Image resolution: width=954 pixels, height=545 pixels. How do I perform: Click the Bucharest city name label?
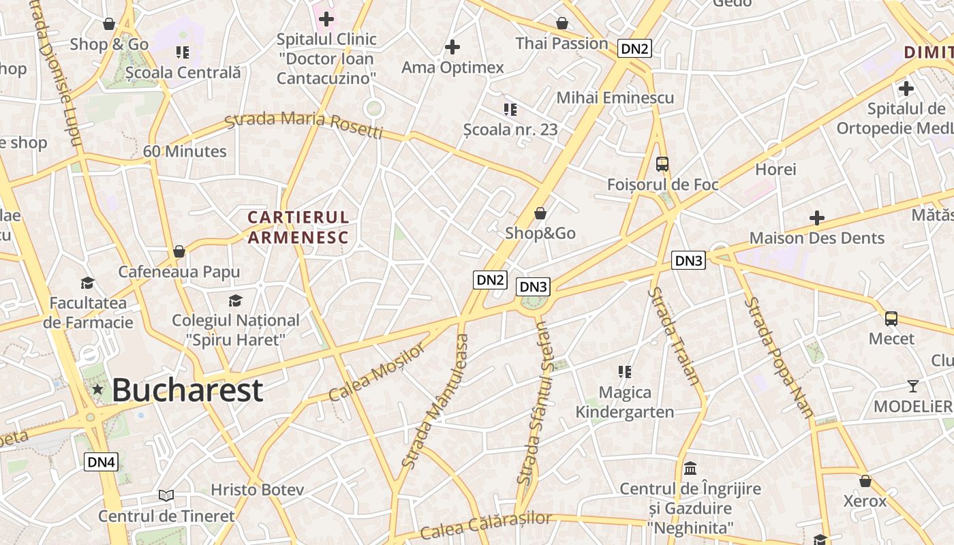click(x=187, y=390)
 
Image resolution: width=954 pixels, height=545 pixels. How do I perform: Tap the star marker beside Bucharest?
click(x=97, y=390)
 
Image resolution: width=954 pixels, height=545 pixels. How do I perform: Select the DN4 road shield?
click(x=102, y=462)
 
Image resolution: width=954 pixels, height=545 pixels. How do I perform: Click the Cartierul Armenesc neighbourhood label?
click(x=298, y=227)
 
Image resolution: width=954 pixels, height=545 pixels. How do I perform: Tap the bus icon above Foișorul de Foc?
click(x=662, y=163)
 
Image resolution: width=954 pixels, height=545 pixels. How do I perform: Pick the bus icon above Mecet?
click(x=891, y=318)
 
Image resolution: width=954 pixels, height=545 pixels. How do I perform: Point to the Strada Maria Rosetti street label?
click(x=304, y=125)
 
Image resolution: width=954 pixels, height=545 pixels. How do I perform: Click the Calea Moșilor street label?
click(x=377, y=372)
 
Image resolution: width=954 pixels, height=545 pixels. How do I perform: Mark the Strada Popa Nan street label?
click(x=778, y=357)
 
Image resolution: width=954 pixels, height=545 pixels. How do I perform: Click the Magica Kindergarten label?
click(x=625, y=402)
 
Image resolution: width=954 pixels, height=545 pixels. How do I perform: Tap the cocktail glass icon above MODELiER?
click(x=912, y=386)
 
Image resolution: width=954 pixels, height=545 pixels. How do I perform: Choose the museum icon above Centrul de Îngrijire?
click(x=690, y=469)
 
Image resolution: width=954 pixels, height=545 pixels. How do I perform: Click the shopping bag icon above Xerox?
click(x=865, y=481)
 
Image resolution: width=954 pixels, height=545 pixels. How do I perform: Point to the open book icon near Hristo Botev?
click(x=166, y=495)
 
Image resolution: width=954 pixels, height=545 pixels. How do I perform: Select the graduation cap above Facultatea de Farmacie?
click(x=87, y=283)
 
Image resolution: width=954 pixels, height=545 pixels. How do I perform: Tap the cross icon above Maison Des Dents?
click(x=816, y=218)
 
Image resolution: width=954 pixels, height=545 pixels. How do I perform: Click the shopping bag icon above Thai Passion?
click(x=561, y=23)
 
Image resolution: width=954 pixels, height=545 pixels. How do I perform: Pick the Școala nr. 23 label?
click(x=510, y=129)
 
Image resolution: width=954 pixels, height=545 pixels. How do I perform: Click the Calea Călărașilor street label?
click(x=486, y=525)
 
